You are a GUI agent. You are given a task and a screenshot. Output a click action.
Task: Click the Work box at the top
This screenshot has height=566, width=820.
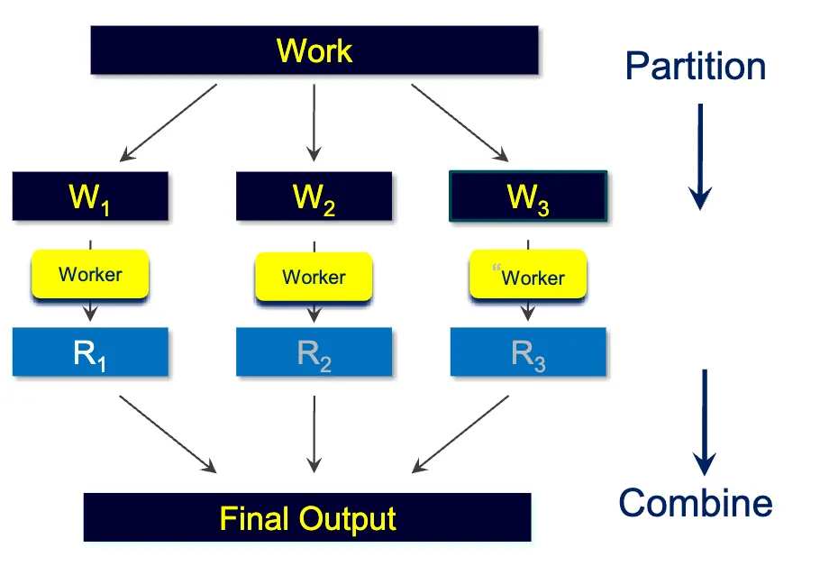click(314, 50)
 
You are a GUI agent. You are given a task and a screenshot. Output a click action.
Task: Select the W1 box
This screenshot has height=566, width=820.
click(90, 196)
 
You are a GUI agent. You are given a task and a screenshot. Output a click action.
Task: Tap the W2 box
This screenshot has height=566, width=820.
click(314, 196)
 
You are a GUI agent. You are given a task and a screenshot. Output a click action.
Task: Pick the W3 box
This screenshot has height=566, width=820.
click(528, 196)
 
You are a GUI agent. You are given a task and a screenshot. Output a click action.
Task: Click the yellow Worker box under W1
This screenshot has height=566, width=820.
click(90, 274)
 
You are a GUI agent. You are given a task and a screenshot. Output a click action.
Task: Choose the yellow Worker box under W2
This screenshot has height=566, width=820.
click(314, 277)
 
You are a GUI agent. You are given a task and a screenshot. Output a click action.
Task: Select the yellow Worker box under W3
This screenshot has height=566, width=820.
click(528, 277)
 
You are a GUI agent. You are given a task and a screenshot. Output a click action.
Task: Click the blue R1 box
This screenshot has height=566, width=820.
click(90, 352)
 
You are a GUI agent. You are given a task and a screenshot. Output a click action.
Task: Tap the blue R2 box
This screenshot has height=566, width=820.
click(314, 352)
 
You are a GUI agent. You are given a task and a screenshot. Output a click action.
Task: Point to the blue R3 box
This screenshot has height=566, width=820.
click(528, 352)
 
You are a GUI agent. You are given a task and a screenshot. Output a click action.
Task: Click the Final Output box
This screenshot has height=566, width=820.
click(307, 518)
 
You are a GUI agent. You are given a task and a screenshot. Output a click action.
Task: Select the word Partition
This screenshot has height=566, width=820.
click(695, 67)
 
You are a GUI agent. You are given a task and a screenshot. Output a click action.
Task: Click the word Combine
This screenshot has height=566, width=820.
click(695, 502)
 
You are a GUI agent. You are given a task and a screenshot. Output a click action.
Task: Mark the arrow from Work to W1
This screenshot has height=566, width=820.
click(169, 123)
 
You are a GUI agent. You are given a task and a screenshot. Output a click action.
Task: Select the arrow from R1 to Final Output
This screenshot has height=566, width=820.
click(169, 434)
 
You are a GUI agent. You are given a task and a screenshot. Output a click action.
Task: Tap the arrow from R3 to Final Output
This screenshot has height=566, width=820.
click(460, 434)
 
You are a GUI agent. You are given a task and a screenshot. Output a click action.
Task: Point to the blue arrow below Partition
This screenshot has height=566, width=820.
click(700, 155)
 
